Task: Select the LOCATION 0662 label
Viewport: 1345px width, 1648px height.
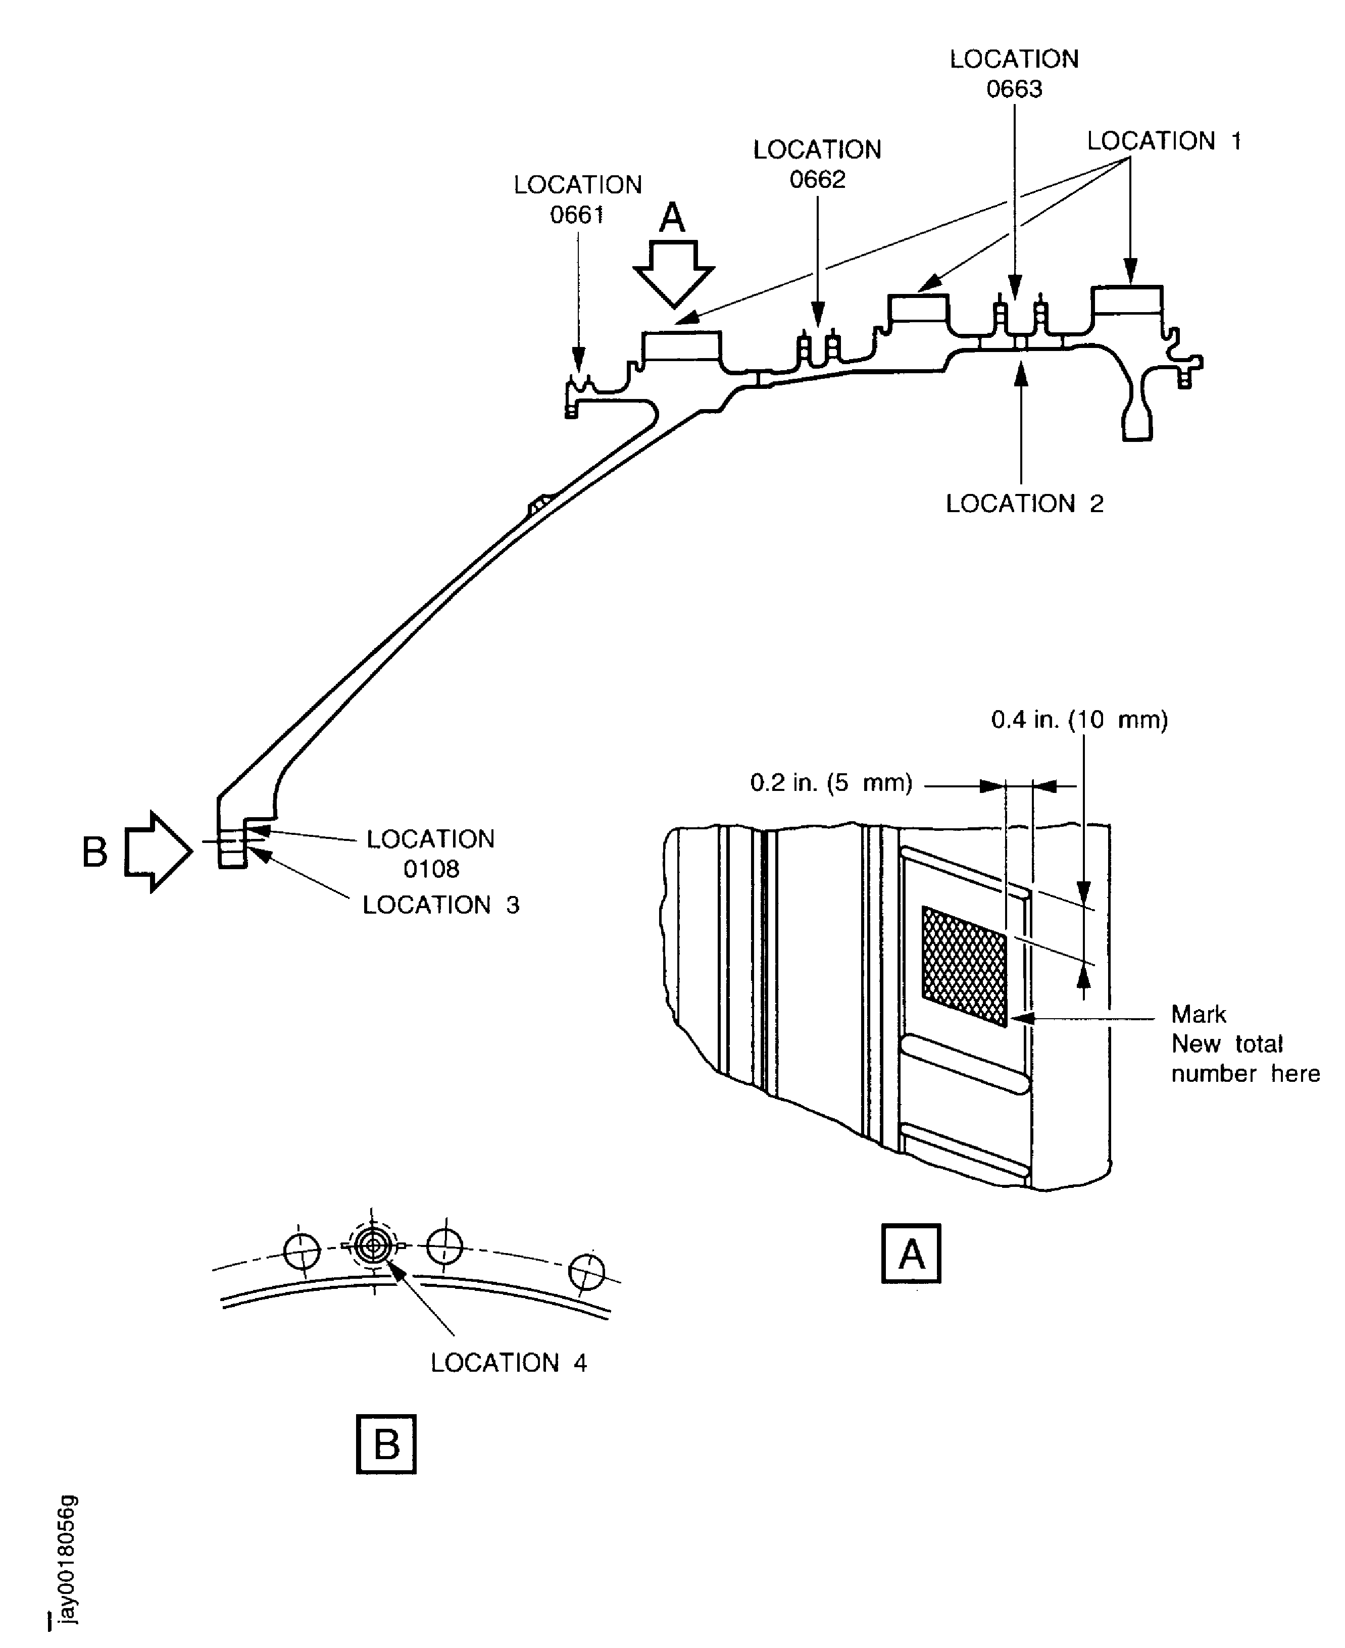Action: (817, 164)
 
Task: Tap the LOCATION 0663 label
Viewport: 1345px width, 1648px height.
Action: (1014, 74)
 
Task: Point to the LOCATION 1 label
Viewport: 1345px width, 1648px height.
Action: (1164, 141)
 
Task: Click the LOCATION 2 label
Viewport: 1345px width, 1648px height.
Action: (1024, 504)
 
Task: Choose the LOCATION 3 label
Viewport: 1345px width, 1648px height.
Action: (441, 905)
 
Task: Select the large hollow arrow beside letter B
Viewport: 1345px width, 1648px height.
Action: (159, 852)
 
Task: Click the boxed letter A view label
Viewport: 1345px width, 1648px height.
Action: (911, 1254)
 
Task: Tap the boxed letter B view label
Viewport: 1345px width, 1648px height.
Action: (386, 1444)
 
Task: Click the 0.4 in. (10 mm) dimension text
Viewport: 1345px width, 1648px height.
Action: (1079, 720)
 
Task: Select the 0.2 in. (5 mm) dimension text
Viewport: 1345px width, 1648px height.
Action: (831, 782)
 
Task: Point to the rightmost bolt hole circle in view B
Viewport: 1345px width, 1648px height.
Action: (586, 1271)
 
